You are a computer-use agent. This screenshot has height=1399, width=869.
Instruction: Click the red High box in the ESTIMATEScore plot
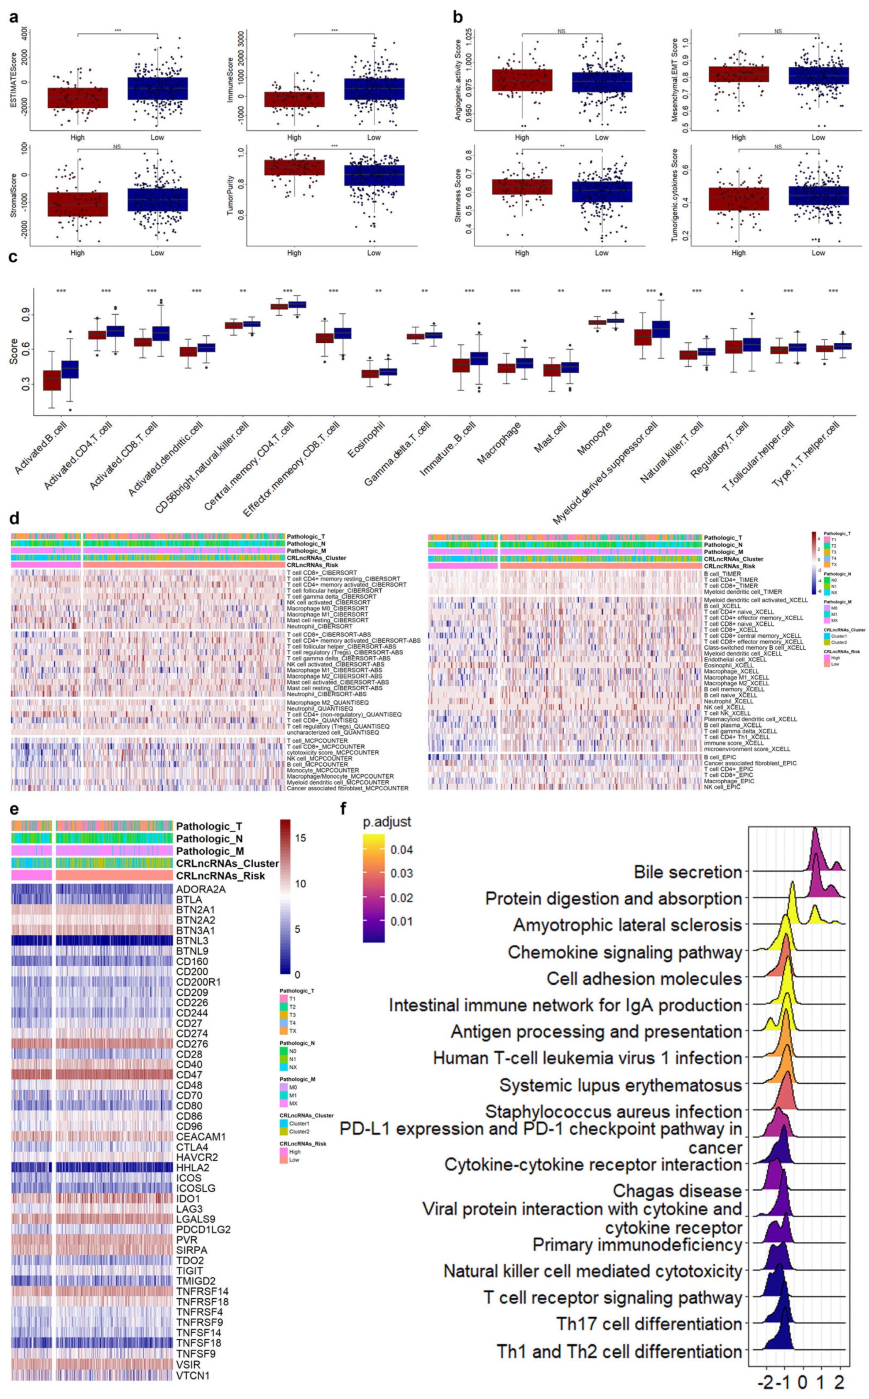78,97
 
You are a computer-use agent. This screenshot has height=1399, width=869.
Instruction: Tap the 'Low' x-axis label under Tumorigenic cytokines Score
818,253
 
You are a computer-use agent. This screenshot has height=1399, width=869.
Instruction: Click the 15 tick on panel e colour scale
300,838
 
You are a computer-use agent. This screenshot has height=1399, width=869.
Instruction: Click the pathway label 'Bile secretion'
688,872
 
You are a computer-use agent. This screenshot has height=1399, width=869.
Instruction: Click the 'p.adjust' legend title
387,822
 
